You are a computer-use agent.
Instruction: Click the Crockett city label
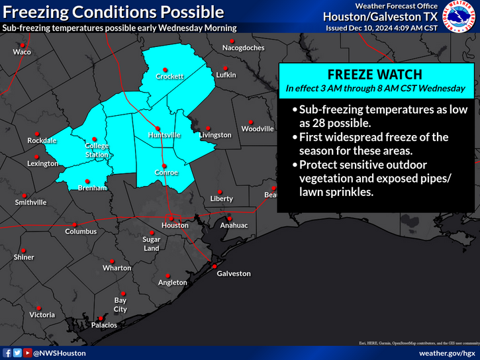tap(169, 77)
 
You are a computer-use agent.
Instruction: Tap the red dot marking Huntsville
tap(158, 128)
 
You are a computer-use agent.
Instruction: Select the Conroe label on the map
tap(166, 173)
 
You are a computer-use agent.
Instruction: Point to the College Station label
tap(97, 150)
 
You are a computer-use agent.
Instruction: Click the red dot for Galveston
tap(215, 266)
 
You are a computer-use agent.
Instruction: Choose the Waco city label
tap(22, 52)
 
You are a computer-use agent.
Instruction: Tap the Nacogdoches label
tap(243, 48)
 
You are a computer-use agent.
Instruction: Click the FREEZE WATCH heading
tap(375, 74)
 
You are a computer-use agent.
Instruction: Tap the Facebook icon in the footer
tap(7, 353)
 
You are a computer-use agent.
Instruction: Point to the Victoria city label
tap(42, 315)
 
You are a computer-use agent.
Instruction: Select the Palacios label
tap(105, 325)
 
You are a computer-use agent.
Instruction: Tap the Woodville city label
tap(257, 129)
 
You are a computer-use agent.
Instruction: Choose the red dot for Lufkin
tap(225, 68)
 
